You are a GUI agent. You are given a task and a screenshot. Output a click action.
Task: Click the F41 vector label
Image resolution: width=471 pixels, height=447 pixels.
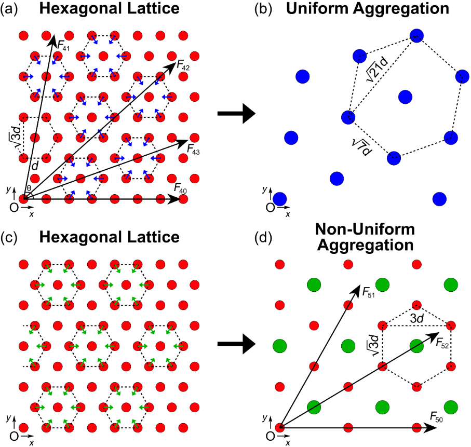[63, 46]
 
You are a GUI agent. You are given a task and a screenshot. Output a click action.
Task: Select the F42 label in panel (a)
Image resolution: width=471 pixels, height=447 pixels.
[183, 65]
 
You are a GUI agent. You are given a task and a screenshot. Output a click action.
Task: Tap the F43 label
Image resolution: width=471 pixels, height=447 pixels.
[193, 150]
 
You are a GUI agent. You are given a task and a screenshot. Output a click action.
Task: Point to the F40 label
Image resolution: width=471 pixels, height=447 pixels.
[180, 188]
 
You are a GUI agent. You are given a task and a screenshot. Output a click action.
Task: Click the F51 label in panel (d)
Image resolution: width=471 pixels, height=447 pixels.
[369, 293]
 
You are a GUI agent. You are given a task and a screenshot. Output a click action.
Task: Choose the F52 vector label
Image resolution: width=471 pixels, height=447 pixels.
[442, 343]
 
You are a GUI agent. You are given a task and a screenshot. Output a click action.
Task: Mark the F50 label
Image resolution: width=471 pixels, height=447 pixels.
[436, 417]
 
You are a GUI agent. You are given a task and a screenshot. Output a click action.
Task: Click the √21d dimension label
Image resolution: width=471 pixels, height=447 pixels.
[377, 69]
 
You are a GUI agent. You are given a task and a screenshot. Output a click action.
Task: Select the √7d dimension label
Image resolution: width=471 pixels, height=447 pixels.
[362, 147]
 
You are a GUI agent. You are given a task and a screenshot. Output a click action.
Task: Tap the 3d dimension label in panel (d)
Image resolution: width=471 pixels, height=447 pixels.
[417, 318]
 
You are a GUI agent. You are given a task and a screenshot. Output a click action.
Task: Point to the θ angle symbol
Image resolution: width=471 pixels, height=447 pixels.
[29, 188]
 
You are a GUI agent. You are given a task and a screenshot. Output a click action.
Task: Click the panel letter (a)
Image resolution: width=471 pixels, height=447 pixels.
[9, 9]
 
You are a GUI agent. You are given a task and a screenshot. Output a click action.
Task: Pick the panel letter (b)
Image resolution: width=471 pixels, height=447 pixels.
[263, 9]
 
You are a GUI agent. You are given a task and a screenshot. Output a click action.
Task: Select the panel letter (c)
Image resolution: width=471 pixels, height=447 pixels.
[9, 238]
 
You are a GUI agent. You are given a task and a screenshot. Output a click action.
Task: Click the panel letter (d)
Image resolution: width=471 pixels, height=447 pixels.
[263, 238]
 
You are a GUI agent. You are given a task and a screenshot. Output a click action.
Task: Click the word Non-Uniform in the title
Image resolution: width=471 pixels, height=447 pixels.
[365, 229]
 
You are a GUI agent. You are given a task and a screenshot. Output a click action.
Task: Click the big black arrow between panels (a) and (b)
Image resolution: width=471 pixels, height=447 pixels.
[236, 114]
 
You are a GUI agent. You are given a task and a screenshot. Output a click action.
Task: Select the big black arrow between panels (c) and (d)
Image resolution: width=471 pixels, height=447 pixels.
[236, 344]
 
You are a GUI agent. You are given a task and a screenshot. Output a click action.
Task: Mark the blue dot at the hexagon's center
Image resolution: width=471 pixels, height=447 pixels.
[405, 97]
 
